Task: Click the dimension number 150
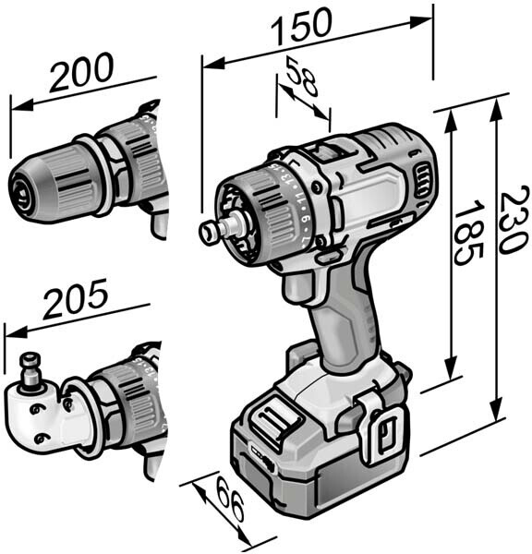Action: point(302,27)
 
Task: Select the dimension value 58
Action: point(302,77)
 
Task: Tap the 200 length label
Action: point(81,72)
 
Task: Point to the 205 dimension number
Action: point(76,299)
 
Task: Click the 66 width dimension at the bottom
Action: point(230,499)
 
